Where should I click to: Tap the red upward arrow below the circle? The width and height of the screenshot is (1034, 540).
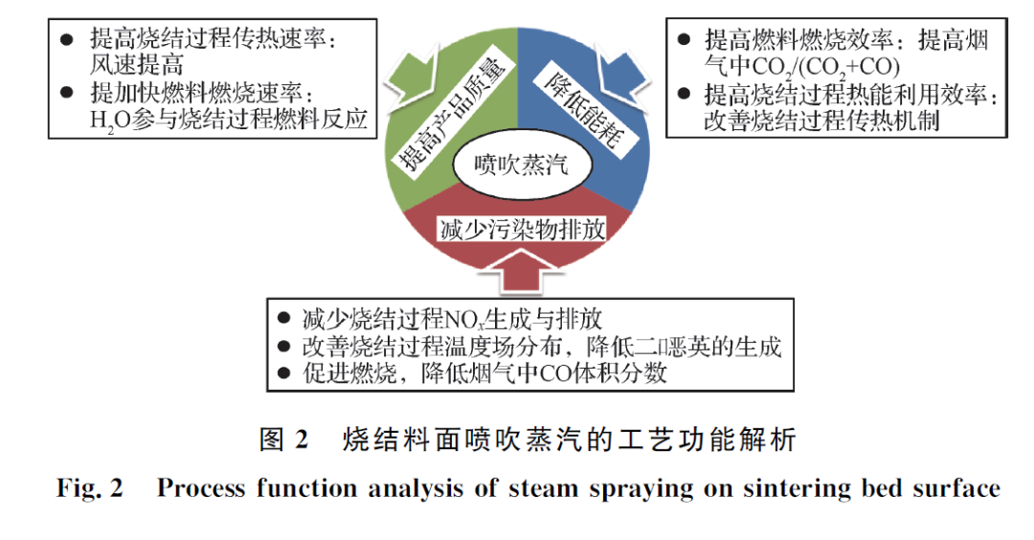click(x=522, y=272)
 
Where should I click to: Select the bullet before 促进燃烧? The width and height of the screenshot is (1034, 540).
click(x=282, y=373)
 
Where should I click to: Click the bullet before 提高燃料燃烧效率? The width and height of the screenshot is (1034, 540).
click(x=683, y=39)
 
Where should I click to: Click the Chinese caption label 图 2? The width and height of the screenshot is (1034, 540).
click(x=283, y=440)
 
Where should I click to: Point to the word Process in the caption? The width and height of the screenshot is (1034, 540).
click(x=201, y=488)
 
